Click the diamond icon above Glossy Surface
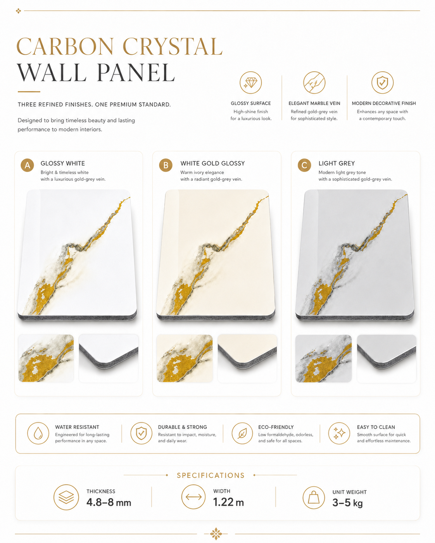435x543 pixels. [250, 82]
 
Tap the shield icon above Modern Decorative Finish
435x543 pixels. [382, 82]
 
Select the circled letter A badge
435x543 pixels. [27, 165]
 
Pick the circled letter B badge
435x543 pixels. [166, 165]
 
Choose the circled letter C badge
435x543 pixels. [304, 165]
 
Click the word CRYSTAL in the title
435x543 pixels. [173, 46]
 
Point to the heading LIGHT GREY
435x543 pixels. [337, 163]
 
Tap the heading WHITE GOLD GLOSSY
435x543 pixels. [212, 163]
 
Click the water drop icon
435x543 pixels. [38, 433]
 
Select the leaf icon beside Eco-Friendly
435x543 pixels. [242, 433]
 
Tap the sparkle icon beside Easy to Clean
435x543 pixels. [339, 433]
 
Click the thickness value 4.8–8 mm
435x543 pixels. [109, 502]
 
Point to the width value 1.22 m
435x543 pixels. [228, 502]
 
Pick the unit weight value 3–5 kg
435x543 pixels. [348, 503]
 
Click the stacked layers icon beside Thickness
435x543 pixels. [66, 497]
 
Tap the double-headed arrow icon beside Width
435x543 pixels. [193, 497]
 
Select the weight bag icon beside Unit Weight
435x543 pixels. [314, 498]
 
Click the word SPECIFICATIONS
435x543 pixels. [211, 475]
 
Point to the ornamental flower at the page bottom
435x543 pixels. [216, 534]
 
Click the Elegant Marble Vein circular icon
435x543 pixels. [314, 82]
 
